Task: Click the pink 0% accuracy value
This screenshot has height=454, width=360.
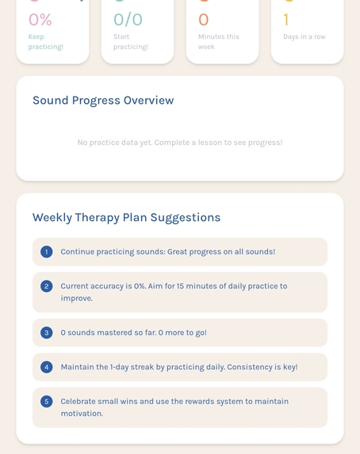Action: pos(40,20)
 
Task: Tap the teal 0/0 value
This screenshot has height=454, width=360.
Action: pos(128,20)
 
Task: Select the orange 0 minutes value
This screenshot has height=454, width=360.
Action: pos(204,20)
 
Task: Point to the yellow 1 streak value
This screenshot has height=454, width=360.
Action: pos(286,20)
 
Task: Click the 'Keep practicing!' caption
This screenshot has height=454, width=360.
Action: pos(46,41)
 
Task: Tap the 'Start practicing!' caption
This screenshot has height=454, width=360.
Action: pos(131,41)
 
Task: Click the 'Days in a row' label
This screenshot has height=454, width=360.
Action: pos(304,36)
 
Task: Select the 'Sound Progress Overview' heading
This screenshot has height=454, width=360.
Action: pos(103,101)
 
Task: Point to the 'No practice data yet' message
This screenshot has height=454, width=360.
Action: pos(180,143)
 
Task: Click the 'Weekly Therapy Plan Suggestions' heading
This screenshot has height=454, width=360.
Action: pos(126,217)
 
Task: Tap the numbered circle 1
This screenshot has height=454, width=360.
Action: pos(47,252)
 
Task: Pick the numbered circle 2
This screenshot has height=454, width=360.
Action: pos(47,286)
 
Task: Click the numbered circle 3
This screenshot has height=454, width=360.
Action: pos(47,333)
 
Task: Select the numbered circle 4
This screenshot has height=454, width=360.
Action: pos(47,367)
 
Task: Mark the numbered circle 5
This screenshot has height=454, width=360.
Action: pos(47,402)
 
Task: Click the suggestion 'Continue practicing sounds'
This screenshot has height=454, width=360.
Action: pos(168,252)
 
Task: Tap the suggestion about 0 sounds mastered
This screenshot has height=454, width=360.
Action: pos(133,333)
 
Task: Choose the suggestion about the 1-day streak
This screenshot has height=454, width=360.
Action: pos(179,367)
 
